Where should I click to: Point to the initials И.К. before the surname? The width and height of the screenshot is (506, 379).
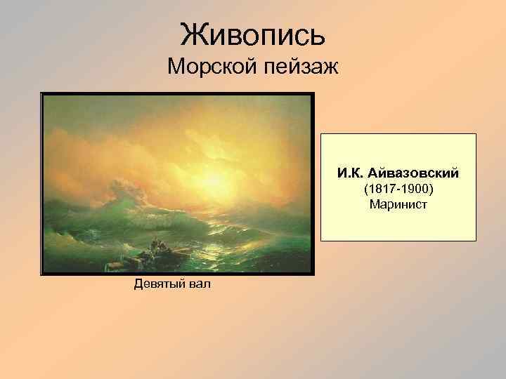coord(349,172)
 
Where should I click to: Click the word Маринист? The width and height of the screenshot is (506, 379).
coord(398,204)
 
